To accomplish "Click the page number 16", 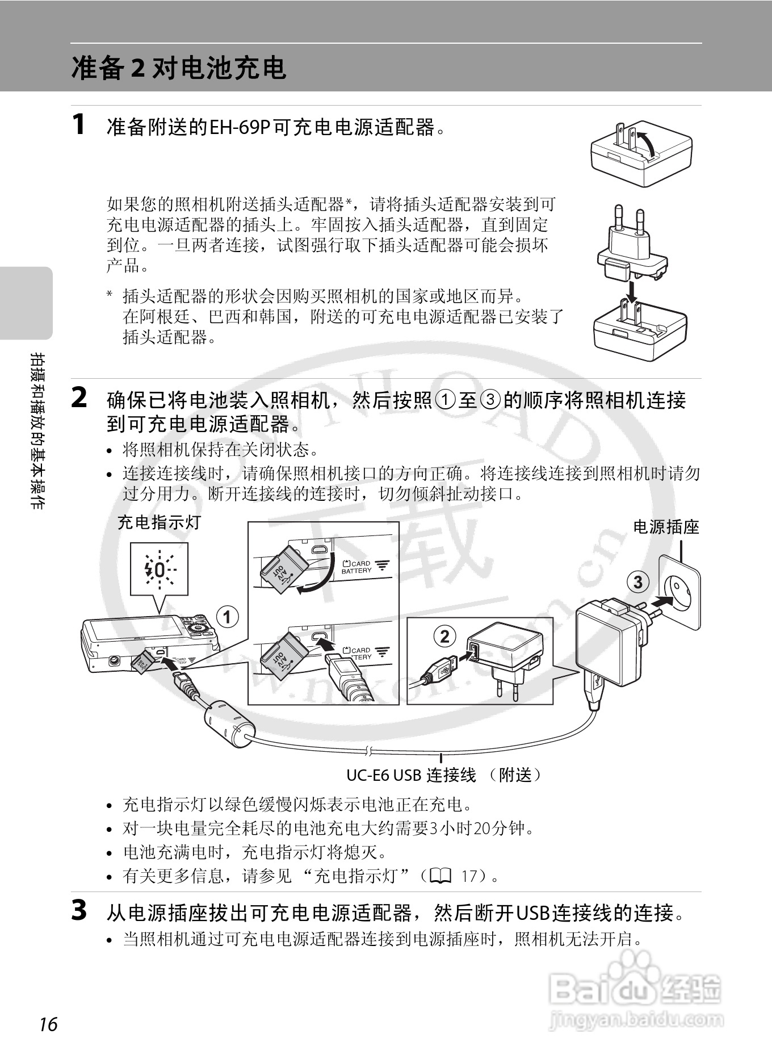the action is [49, 1024].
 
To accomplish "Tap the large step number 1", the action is [79, 124].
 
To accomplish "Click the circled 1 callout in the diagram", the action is [228, 617].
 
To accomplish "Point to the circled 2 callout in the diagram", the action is [444, 636].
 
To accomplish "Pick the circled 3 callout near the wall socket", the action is [638, 581].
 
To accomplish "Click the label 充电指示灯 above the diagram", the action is [159, 522].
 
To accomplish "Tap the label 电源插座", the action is [666, 527].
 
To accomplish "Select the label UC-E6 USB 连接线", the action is [411, 775].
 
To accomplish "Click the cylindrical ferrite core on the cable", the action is [229, 724].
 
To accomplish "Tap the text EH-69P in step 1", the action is [240, 127].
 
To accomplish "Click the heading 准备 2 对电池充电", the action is [179, 68].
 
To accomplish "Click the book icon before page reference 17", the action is [440, 876].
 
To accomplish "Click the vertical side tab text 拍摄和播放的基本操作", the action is [37, 430].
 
